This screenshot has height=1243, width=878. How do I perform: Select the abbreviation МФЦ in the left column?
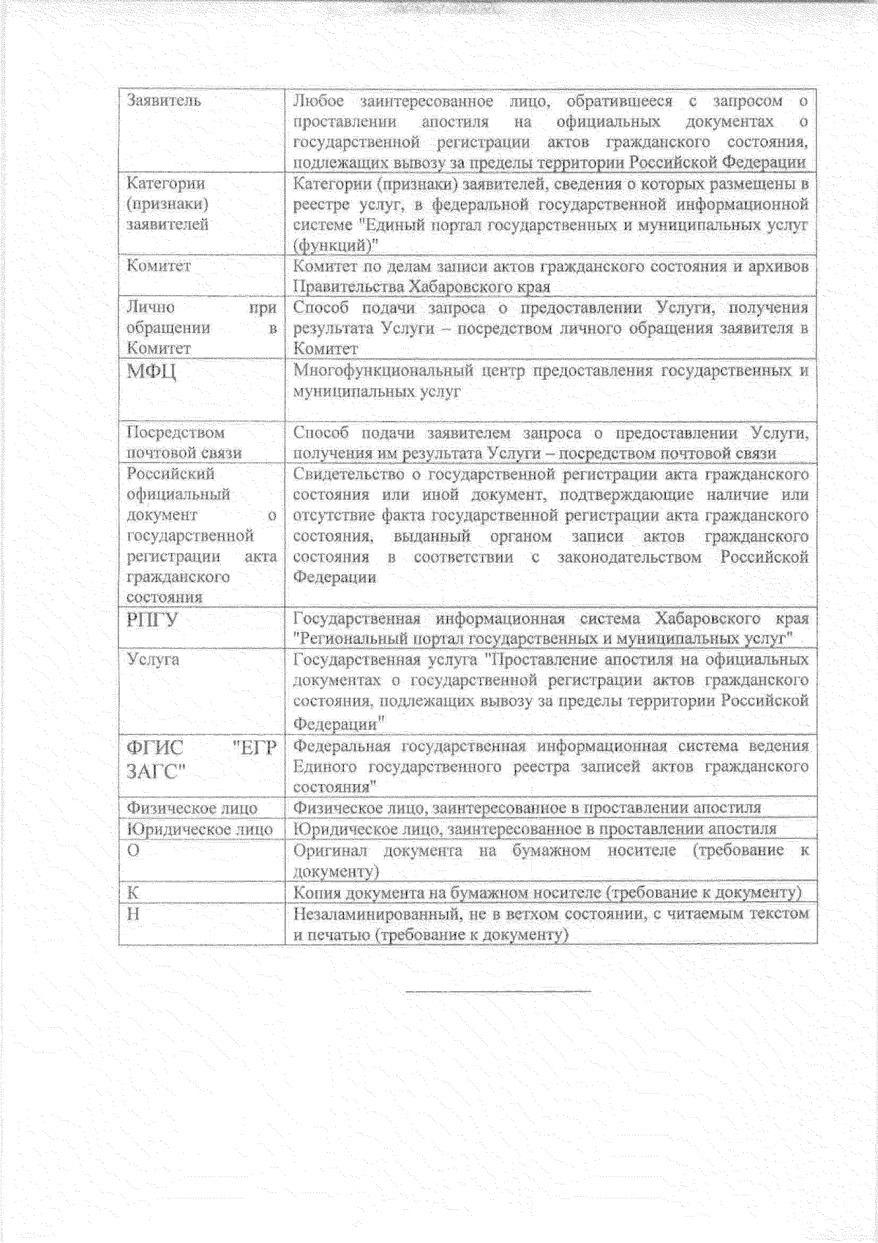[x=151, y=371]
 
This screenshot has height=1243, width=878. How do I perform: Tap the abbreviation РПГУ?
[x=152, y=620]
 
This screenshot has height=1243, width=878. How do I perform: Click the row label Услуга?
[x=153, y=660]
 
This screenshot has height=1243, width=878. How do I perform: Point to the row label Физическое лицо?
[x=192, y=808]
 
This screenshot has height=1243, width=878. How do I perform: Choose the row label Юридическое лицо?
[x=199, y=829]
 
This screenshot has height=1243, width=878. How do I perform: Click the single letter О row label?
[x=133, y=851]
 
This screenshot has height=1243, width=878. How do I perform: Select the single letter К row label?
[x=132, y=893]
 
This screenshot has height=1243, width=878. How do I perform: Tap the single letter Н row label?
[x=133, y=914]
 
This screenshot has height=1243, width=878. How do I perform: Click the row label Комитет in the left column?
[x=159, y=266]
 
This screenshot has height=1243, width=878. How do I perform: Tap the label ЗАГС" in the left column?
[x=156, y=771]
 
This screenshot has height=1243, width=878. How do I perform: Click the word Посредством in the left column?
[x=176, y=433]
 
